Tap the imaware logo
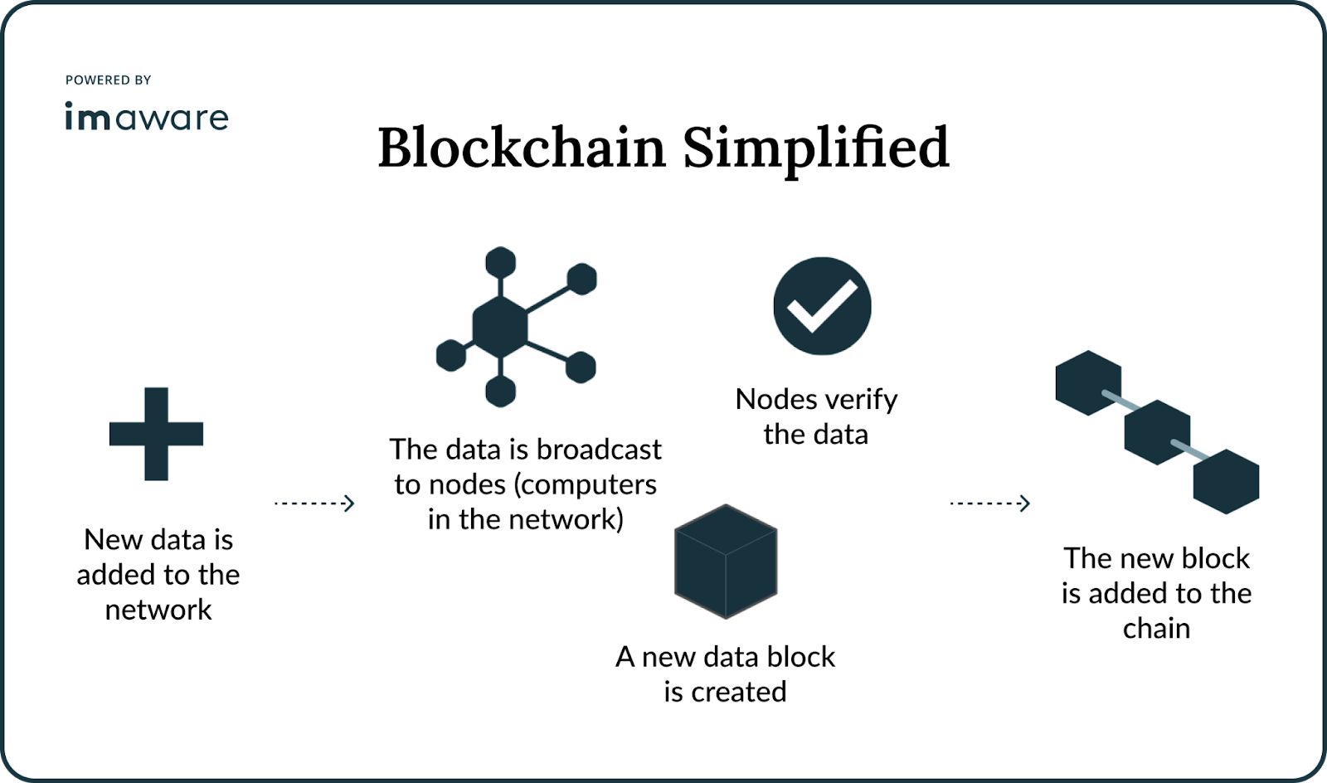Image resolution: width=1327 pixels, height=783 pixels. pos(146,117)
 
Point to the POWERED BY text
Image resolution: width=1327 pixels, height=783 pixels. pos(108,80)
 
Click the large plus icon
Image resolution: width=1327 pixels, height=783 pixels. pos(156,433)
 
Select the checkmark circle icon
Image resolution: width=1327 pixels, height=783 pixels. pos(822,305)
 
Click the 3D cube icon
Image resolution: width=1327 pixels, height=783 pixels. pos(726,561)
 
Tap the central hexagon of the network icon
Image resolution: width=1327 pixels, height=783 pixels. pos(500,325)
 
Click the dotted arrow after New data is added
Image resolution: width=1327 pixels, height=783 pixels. pos(314,503)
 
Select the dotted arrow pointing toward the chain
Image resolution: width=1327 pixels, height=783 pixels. pos(989,503)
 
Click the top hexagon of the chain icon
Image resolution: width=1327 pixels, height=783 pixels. pos(1088,382)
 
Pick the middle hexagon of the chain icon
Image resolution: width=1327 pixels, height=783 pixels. pos(1157,432)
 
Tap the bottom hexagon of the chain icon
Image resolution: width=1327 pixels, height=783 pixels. pos(1226,481)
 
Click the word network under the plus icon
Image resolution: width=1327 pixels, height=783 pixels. pos(158,610)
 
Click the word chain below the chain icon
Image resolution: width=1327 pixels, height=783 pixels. pos(1156,629)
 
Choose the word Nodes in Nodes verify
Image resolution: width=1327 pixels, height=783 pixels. pos(776,400)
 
